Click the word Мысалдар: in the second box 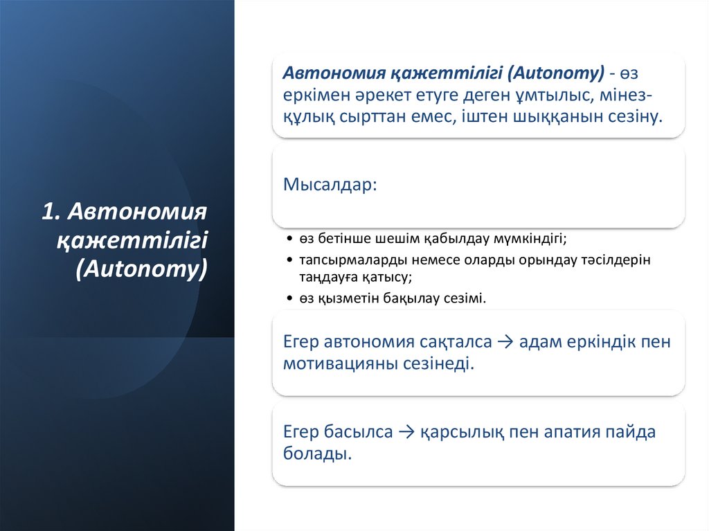point(330,186)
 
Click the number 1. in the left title point(53,211)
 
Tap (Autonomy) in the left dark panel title point(142,269)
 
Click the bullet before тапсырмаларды point(289,260)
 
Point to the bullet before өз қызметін point(289,299)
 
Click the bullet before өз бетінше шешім point(289,239)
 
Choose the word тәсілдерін point(609,260)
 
